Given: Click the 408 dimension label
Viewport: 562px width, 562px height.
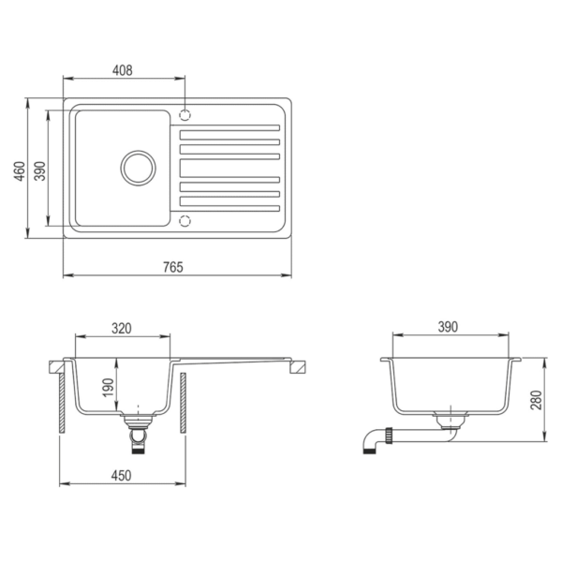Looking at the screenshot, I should pyautogui.click(x=123, y=69).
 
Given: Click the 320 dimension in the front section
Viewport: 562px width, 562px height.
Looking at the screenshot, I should pyautogui.click(x=121, y=328).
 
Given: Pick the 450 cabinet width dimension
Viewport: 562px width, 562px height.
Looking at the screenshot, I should pyautogui.click(x=121, y=475).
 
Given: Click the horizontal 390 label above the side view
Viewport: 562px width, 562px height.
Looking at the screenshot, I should pyautogui.click(x=448, y=327).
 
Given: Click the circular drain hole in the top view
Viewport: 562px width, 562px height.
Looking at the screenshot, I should pyautogui.click(x=139, y=168).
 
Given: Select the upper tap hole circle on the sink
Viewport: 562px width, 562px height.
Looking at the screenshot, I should pyautogui.click(x=185, y=116).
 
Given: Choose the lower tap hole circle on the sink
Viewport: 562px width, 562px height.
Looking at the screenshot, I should pyautogui.click(x=185, y=221).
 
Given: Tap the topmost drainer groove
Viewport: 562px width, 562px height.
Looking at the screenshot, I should pyautogui.click(x=229, y=128).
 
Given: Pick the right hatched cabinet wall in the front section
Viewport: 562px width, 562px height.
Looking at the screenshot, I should pyautogui.click(x=185, y=402).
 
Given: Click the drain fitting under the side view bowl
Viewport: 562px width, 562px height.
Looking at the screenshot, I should pyautogui.click(x=449, y=419).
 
